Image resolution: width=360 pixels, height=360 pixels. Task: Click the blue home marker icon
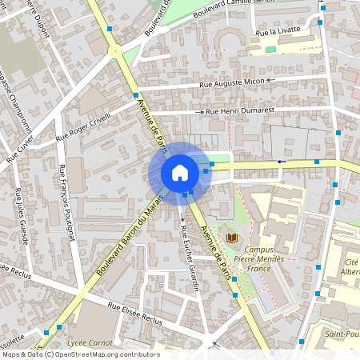point(179,172)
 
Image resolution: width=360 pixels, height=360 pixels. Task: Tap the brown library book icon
point(233,238)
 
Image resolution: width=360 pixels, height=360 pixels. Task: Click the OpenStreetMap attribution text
point(80,354)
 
